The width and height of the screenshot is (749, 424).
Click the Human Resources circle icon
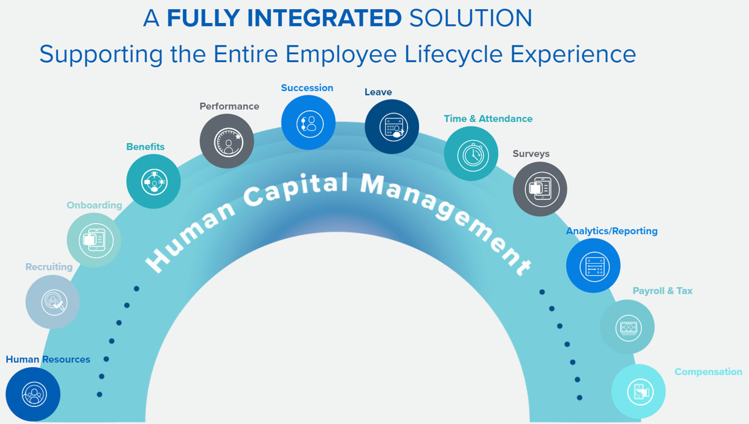(x=33, y=394)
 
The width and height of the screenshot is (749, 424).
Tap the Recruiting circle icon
(x=53, y=302)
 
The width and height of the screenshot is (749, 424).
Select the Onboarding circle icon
(x=94, y=240)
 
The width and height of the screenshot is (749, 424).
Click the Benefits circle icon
(x=153, y=181)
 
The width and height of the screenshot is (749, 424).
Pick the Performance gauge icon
(x=227, y=141)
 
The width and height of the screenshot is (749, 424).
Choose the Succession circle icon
(x=308, y=123)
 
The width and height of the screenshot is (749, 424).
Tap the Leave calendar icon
(x=392, y=127)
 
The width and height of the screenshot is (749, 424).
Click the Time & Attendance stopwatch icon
(x=471, y=153)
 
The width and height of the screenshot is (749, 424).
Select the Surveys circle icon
(x=540, y=189)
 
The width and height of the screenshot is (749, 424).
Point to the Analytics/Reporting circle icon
(x=593, y=266)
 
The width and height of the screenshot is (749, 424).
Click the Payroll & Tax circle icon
(x=627, y=327)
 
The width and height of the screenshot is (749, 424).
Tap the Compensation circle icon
(x=639, y=391)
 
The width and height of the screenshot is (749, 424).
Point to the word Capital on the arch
(x=296, y=188)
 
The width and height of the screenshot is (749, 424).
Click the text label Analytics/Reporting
(x=611, y=231)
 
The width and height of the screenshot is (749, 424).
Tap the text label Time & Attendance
(x=488, y=118)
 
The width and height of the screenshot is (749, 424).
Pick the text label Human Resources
(x=48, y=359)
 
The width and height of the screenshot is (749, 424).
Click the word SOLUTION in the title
(x=470, y=18)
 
